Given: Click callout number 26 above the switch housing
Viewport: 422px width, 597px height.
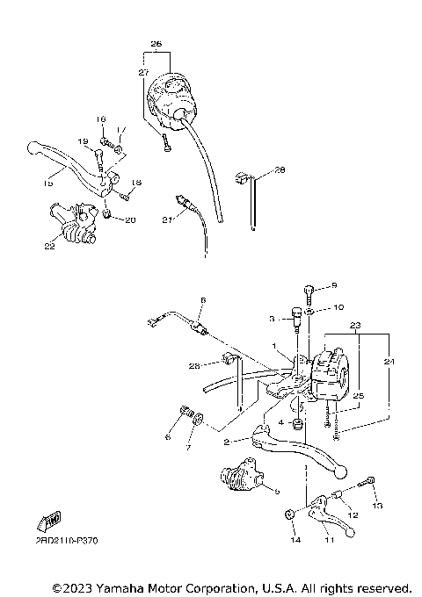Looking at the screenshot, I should click(156, 43).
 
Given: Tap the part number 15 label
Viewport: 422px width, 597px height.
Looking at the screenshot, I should click(47, 183).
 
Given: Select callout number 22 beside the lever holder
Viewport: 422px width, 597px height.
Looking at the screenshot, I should click(49, 247).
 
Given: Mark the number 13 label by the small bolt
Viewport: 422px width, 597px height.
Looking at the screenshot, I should click(377, 507).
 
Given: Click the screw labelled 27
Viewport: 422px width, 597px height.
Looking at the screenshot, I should click(164, 146).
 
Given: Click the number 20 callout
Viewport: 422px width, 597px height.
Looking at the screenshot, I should click(130, 219).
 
